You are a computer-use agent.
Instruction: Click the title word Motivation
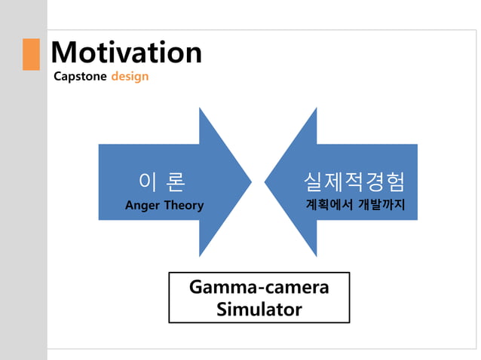(126, 53)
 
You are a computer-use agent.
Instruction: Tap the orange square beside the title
(31, 54)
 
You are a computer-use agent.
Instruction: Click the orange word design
(130, 77)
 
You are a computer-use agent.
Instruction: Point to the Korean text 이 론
(162, 182)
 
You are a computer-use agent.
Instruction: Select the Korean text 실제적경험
(354, 182)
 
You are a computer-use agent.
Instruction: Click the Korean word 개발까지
(381, 205)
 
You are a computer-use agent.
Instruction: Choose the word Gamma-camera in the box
(259, 288)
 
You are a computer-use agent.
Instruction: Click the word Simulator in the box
(259, 309)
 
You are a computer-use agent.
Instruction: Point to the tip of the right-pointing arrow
(250, 182)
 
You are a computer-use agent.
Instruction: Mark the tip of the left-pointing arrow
(265, 182)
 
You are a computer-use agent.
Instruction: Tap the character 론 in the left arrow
(175, 182)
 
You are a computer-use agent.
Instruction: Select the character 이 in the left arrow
(148, 182)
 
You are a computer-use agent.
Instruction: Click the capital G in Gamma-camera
(196, 288)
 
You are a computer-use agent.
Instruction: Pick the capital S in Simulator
(222, 309)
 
